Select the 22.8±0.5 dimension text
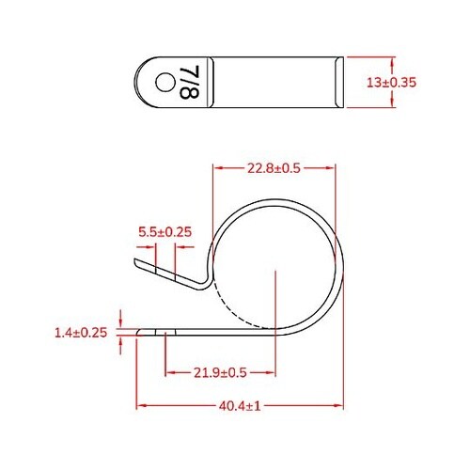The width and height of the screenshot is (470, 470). coord(274,168)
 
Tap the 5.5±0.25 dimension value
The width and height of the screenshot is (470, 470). coord(164,230)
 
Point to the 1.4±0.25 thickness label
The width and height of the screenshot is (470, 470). coord(80,332)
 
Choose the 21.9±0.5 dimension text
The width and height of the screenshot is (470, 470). coord(219,372)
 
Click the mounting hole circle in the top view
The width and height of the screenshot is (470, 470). coord(164,83)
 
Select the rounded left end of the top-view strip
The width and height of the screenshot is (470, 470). coord(143,83)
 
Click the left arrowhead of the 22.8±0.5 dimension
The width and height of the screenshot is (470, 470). coord(220,168)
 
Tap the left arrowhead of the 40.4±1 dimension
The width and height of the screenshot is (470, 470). coord(142,406)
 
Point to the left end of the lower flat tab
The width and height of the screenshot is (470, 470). coord(140,332)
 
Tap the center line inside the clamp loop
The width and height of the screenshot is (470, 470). coord(274,301)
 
